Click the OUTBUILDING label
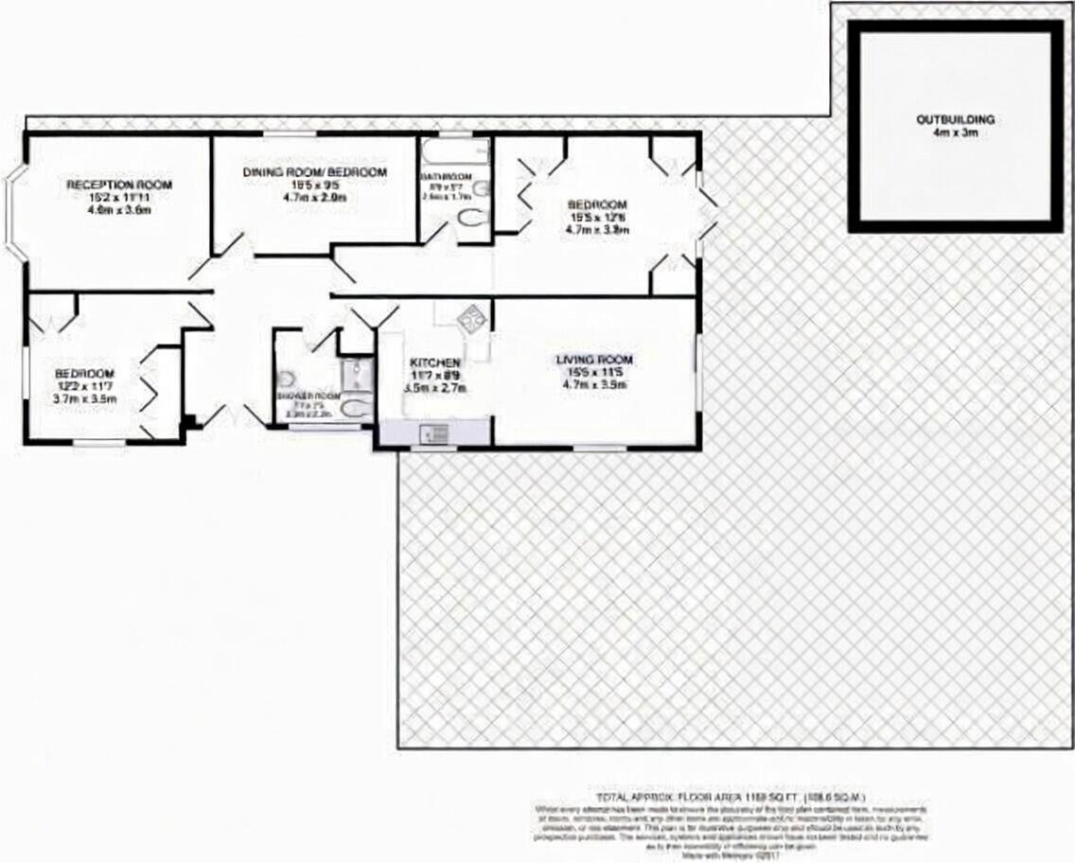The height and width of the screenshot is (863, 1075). [x=955, y=120]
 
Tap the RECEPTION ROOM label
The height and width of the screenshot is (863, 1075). [x=106, y=184]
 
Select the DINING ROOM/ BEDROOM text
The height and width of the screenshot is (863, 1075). [x=315, y=172]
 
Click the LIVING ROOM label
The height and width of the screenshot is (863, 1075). [x=594, y=360]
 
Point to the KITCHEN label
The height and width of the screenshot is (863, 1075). [x=434, y=363]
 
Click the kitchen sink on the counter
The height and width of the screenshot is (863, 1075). [x=436, y=433]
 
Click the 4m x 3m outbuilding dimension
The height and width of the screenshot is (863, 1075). [x=955, y=134]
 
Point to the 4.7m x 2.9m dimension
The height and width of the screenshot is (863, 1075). [x=315, y=199]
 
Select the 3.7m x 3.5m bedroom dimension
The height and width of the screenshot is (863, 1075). [x=84, y=399]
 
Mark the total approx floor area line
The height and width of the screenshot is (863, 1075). [x=731, y=797]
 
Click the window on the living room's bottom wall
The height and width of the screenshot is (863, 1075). [x=599, y=447]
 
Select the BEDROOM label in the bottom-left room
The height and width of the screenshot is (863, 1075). [x=84, y=373]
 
